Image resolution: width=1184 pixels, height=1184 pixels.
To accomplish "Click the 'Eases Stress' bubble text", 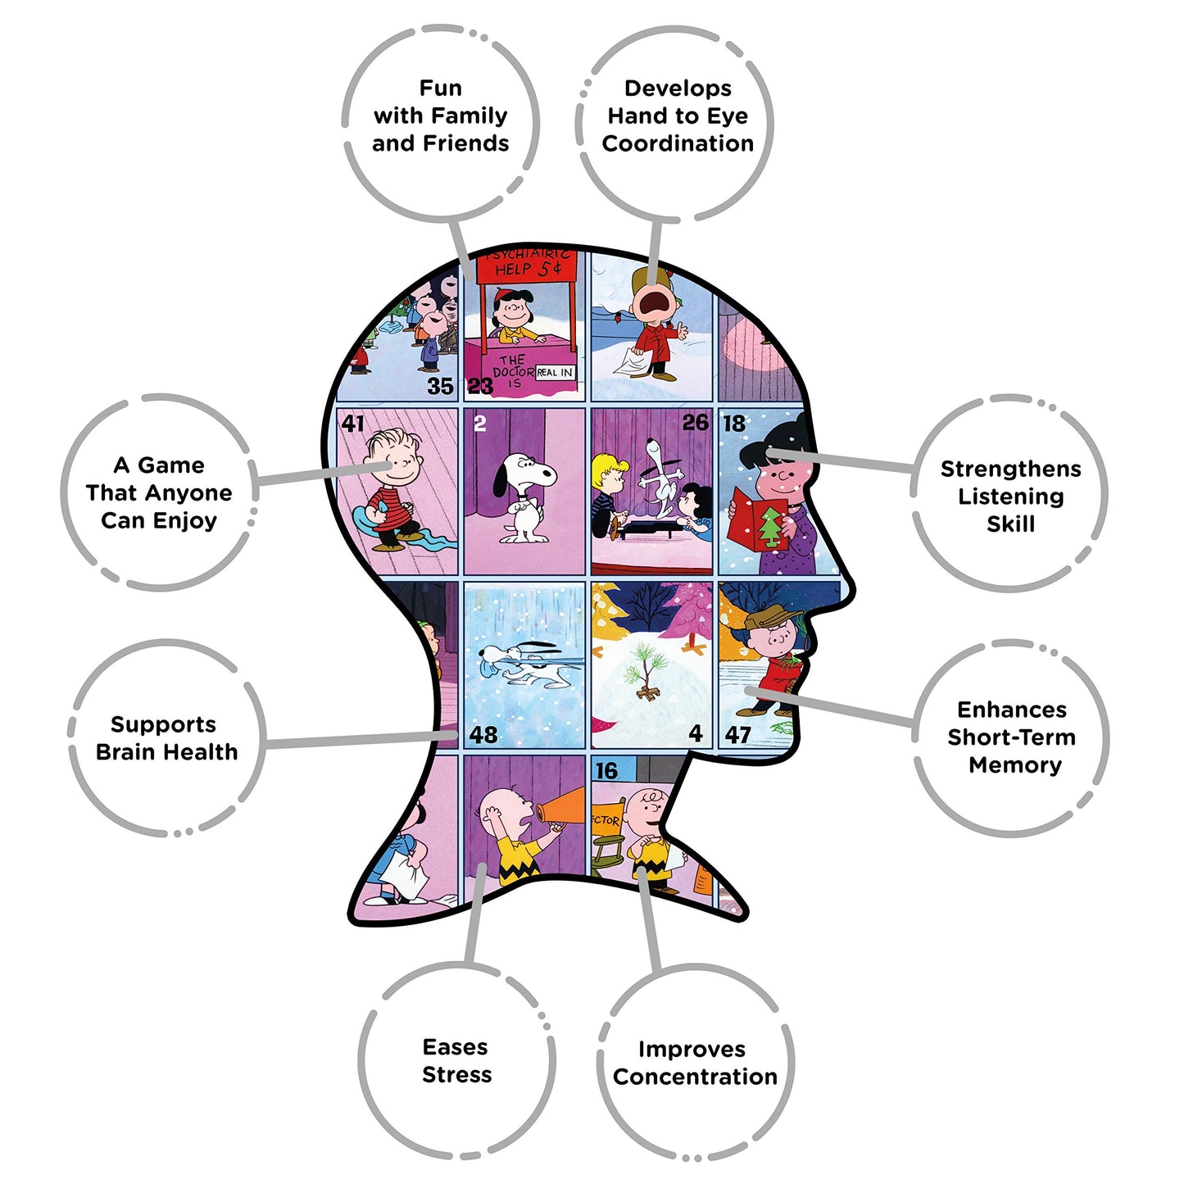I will tap(456, 1060).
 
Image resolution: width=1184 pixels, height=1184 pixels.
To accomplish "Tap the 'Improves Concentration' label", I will tap(694, 1063).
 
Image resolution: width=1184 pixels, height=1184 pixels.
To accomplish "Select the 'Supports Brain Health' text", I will tap(166, 737).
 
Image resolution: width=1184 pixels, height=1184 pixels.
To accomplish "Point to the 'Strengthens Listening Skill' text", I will tap(1010, 496).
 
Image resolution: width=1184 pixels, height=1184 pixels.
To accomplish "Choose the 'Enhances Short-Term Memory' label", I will tap(1012, 737).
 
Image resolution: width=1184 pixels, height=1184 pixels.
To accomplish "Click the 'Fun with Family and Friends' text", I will tap(441, 116).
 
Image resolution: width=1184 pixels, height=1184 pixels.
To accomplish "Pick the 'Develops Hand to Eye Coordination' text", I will tap(678, 116).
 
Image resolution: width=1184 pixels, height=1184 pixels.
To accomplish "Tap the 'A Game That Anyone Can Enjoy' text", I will tap(159, 492).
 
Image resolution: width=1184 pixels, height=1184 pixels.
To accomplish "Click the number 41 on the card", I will tap(353, 424).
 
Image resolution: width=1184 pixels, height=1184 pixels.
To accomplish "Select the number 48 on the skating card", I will tap(483, 735).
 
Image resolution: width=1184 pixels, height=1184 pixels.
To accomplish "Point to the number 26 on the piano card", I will tap(695, 423).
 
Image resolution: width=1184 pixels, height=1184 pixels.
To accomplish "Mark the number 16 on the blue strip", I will tap(606, 771).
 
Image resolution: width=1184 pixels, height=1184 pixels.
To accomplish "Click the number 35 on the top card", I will tap(440, 386).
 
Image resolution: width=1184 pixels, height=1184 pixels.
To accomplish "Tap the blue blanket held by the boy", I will tap(389, 528).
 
